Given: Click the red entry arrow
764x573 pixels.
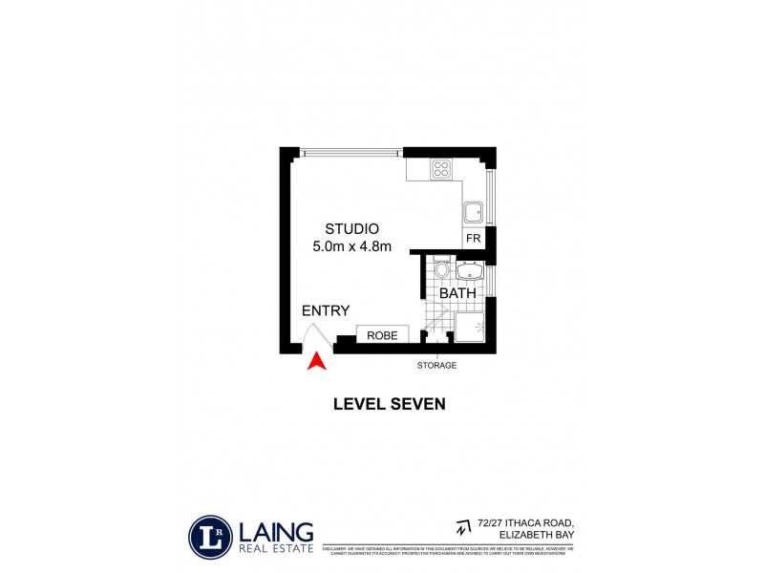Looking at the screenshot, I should tap(316, 361).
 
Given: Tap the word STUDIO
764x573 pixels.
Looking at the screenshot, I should tap(352, 229).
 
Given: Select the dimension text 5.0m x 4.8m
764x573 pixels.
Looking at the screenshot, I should tap(352, 247).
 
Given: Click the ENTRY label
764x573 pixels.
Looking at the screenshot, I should tap(326, 311).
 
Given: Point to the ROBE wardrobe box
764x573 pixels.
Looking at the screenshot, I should tap(383, 335).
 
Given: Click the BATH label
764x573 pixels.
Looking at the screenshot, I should tap(457, 294).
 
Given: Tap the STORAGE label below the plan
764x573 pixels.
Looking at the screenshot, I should tap(436, 366).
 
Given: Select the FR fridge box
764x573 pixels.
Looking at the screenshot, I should tap(472, 238).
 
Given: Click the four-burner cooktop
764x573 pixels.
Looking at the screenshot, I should tap(442, 169).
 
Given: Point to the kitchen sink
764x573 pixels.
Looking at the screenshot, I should tap(473, 212).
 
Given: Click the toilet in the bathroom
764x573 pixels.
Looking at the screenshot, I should tap(440, 270).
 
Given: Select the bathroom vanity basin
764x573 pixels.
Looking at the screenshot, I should tap(469, 273).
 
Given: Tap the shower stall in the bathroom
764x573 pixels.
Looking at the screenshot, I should tap(469, 328).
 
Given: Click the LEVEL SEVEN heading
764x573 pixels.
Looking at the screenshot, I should tap(389, 404).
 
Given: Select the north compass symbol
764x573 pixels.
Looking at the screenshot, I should tap(464, 526).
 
